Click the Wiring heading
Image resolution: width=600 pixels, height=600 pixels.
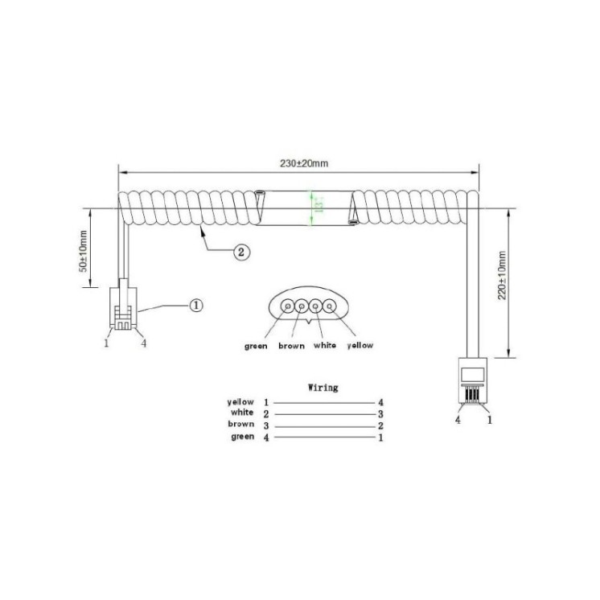(x=323, y=388)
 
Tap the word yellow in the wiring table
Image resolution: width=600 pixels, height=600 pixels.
(x=241, y=401)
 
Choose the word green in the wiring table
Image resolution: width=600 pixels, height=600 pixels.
(x=242, y=437)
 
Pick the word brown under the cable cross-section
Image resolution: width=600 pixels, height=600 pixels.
(x=290, y=347)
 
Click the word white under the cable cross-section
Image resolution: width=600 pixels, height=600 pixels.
(x=324, y=347)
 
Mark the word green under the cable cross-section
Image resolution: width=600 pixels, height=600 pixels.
(x=256, y=347)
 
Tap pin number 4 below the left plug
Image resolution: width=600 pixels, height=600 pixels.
(x=143, y=343)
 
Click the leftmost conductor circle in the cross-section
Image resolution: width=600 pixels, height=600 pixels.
(x=287, y=306)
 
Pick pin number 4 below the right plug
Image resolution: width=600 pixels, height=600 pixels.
(x=458, y=420)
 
